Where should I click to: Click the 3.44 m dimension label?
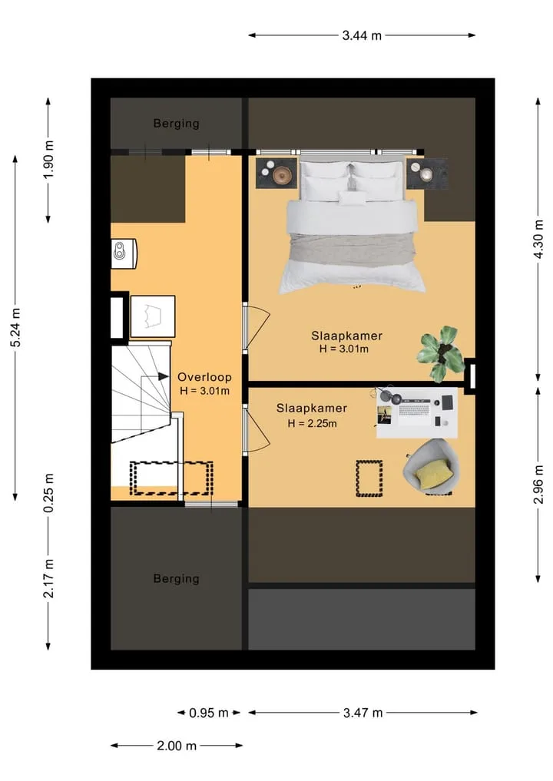click(x=362, y=35)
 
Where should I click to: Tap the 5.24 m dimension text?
click(x=16, y=328)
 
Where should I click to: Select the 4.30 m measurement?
click(x=538, y=239)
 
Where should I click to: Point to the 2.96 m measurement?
click(x=538, y=484)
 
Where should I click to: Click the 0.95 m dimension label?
click(x=209, y=713)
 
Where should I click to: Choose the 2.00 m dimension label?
click(x=177, y=746)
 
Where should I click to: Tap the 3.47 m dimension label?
click(x=363, y=713)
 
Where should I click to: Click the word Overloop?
click(x=204, y=377)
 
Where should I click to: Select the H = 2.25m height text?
click(x=312, y=423)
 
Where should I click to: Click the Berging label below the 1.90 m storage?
click(x=177, y=579)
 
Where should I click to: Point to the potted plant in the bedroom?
click(x=439, y=353)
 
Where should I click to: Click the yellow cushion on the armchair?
click(x=433, y=473)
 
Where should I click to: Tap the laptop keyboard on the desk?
click(x=414, y=410)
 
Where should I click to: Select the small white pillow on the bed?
click(x=353, y=197)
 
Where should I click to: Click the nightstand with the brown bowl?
click(x=276, y=174)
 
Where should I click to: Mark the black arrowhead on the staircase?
click(x=164, y=376)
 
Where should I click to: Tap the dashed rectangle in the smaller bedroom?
click(x=369, y=478)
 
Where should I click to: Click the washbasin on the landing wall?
click(x=123, y=253)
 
